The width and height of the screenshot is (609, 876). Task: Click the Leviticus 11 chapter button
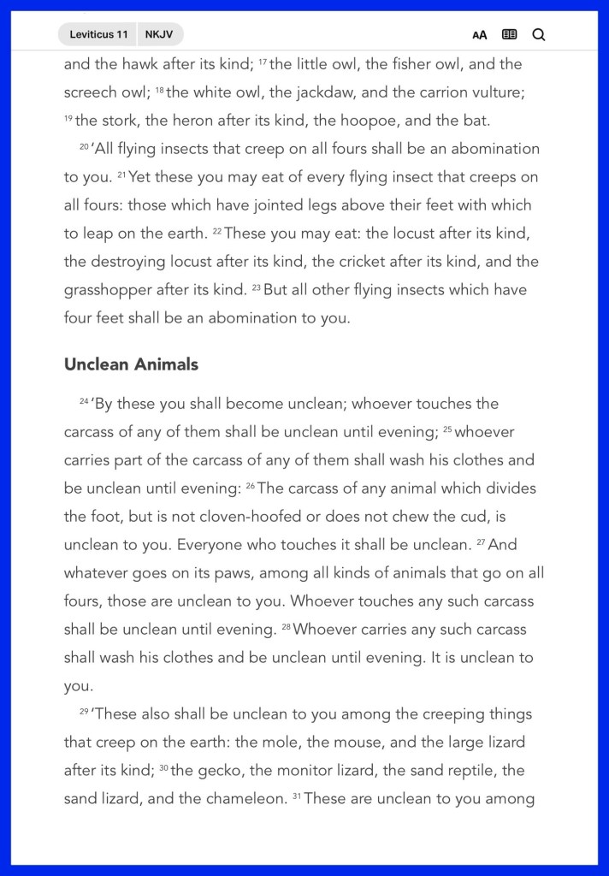tap(98, 34)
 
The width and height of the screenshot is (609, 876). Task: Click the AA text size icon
tap(480, 35)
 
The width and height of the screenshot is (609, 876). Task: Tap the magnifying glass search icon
tap(539, 34)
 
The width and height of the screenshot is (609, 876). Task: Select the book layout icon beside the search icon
tap(509, 34)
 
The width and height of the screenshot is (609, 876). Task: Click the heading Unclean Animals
tap(131, 364)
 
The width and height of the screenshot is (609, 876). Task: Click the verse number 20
tap(84, 146)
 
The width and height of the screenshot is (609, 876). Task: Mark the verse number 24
tap(84, 401)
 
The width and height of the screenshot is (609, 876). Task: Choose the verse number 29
tap(84, 712)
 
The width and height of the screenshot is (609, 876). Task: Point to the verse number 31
tap(296, 796)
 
